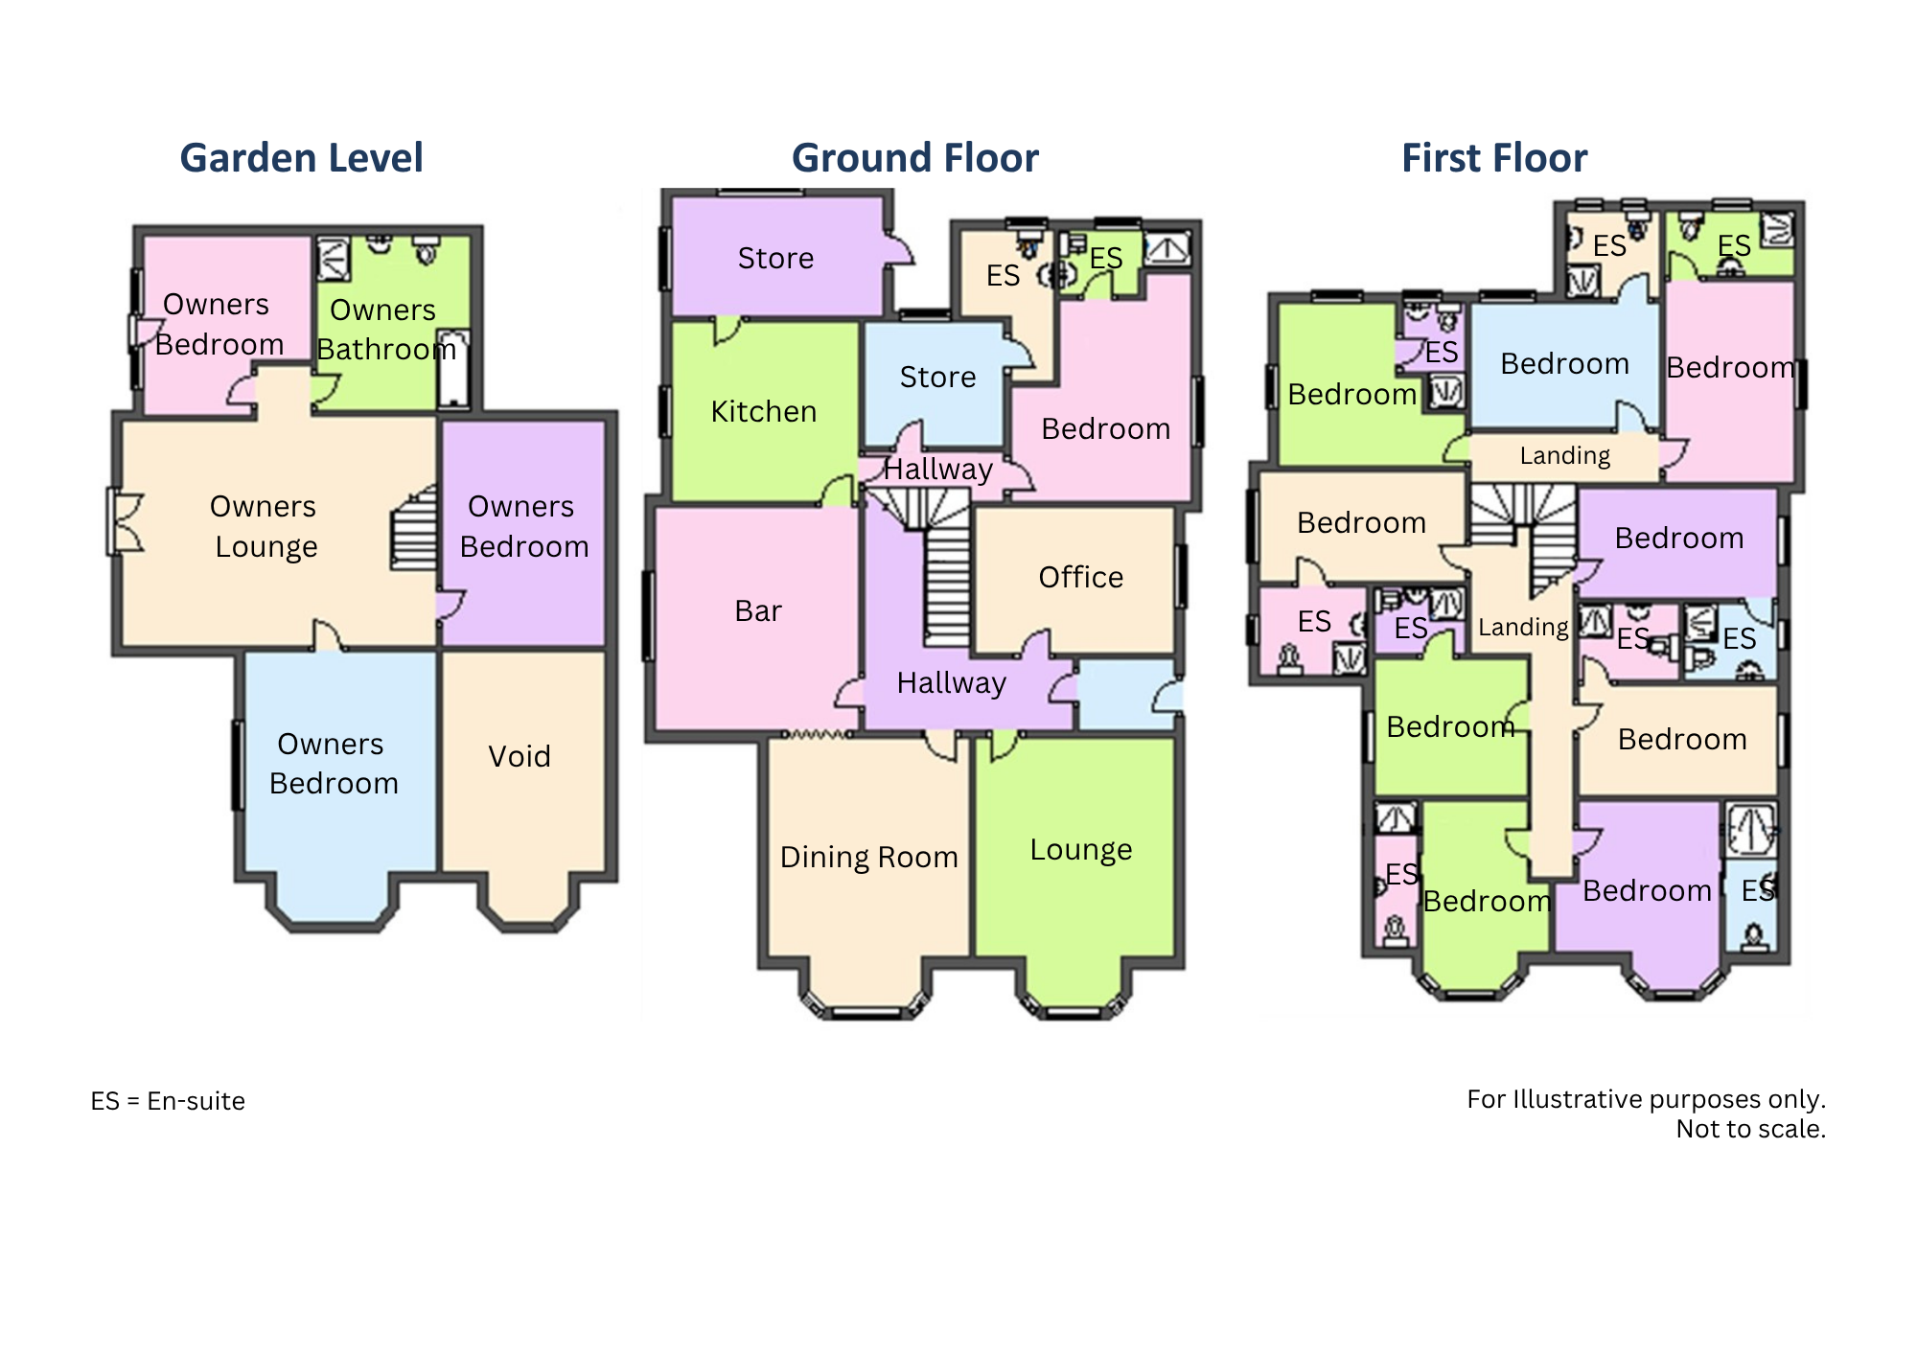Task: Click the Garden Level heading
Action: coord(301,158)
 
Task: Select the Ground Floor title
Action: coord(914,158)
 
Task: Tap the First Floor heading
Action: coord(1494,158)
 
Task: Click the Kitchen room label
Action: coord(764,411)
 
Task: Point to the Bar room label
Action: coord(758,610)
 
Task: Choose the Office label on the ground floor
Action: coord(1081,577)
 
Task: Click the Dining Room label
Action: coord(869,857)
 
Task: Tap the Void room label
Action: coord(520,756)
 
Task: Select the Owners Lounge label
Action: coord(264,526)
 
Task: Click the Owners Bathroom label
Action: coord(386,330)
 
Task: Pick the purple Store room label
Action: coord(775,258)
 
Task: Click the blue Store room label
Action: coord(937,377)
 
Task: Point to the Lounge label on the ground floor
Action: coord(1081,850)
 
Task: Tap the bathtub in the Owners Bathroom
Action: coord(453,368)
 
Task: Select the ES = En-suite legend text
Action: coord(168,1101)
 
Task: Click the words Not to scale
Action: coord(1751,1129)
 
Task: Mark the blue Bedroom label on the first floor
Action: coord(1564,364)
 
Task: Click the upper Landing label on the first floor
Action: coord(1565,455)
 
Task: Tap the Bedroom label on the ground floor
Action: coord(1106,428)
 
